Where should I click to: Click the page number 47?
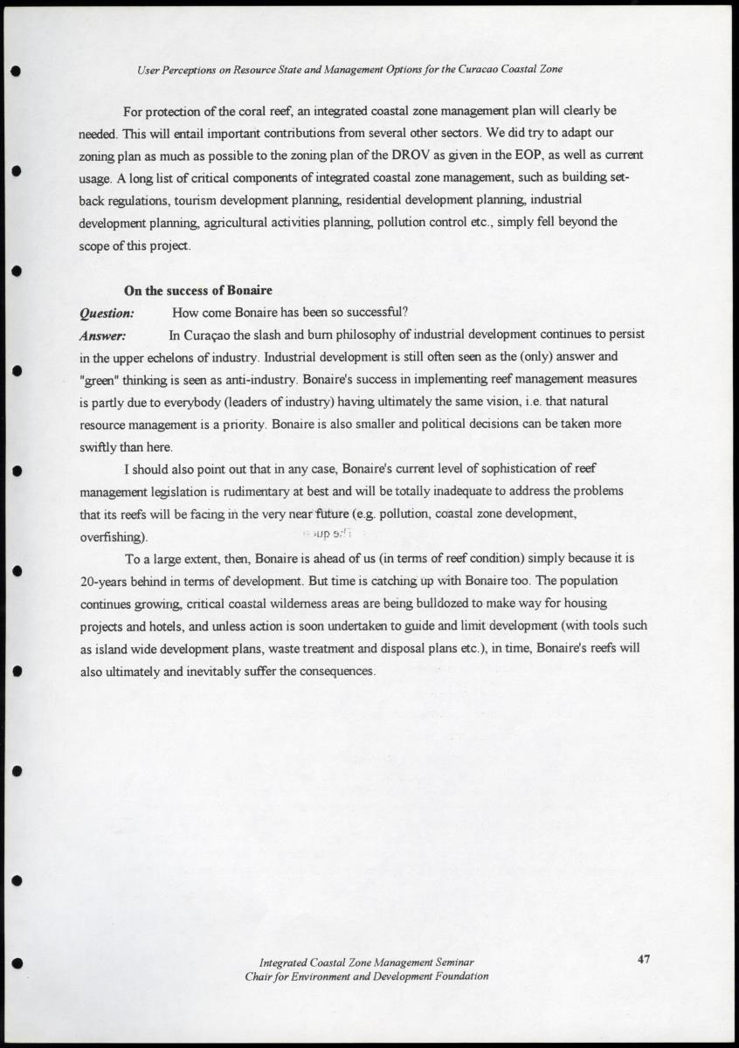tap(644, 960)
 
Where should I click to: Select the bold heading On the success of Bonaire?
tap(198, 291)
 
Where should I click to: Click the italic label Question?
tap(107, 313)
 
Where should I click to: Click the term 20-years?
tap(107, 581)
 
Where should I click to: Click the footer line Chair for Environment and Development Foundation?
tap(367, 976)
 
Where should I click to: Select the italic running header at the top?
tap(349, 69)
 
